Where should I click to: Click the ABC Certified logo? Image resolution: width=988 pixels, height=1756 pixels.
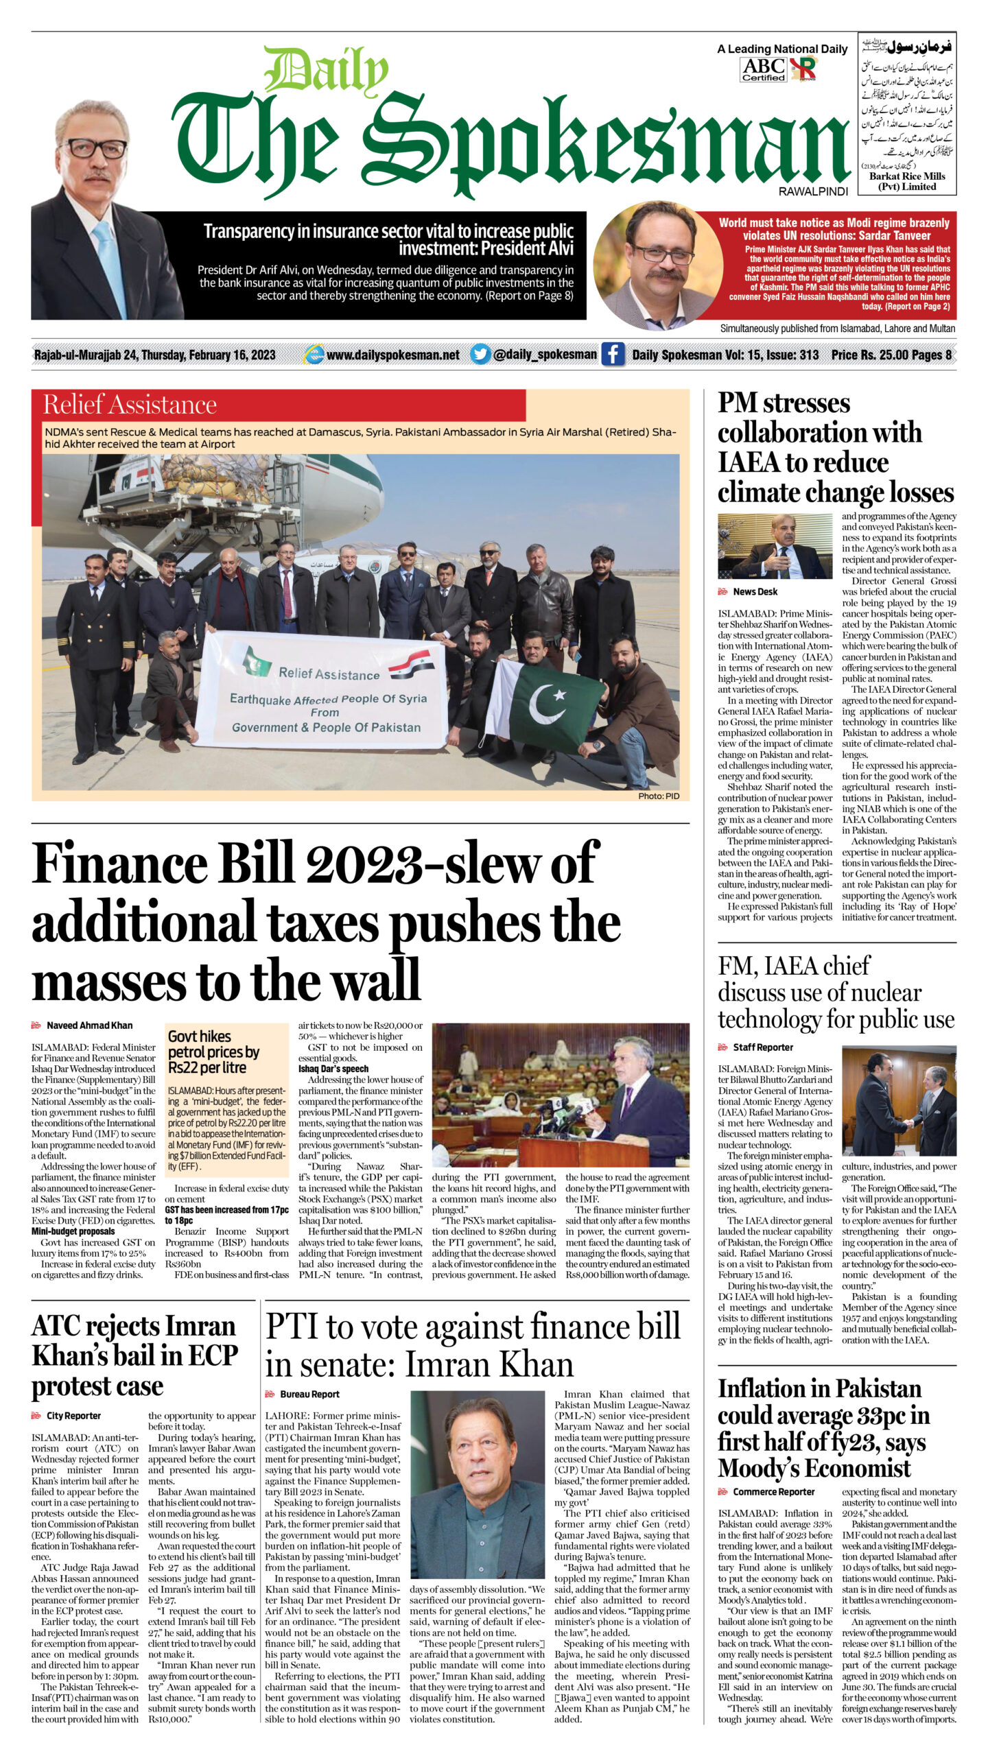[763, 69]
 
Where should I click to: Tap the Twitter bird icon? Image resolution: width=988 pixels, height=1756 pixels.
[480, 355]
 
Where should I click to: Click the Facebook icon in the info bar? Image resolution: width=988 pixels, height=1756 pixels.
[613, 355]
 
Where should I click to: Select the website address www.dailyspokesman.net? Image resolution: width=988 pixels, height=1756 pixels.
[392, 355]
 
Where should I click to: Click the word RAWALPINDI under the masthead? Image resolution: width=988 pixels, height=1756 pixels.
[813, 192]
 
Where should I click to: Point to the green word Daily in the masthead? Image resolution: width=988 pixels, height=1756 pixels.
[327, 71]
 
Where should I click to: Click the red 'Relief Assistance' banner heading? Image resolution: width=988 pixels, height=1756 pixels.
[130, 405]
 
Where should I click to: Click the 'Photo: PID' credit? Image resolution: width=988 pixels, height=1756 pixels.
[659, 796]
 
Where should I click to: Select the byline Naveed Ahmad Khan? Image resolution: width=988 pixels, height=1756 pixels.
[89, 1025]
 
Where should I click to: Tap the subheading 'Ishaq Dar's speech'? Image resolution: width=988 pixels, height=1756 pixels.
[333, 1069]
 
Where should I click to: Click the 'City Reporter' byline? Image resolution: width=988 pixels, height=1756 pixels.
[73, 1416]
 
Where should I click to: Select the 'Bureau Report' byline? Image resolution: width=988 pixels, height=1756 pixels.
[309, 1395]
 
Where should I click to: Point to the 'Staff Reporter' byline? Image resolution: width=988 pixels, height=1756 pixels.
[762, 1047]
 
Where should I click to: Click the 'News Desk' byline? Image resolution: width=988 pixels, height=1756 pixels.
[755, 592]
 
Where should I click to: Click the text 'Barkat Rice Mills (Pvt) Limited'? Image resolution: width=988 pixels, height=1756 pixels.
[907, 181]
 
